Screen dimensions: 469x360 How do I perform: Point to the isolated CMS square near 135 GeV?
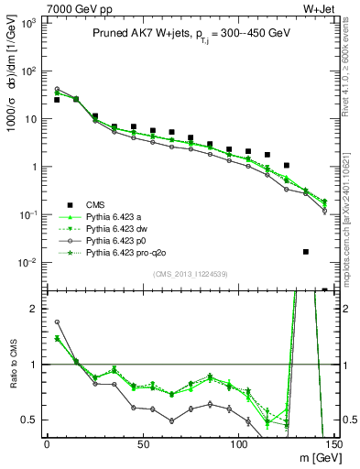[306, 251]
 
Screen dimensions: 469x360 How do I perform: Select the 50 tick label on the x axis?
[142, 444]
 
